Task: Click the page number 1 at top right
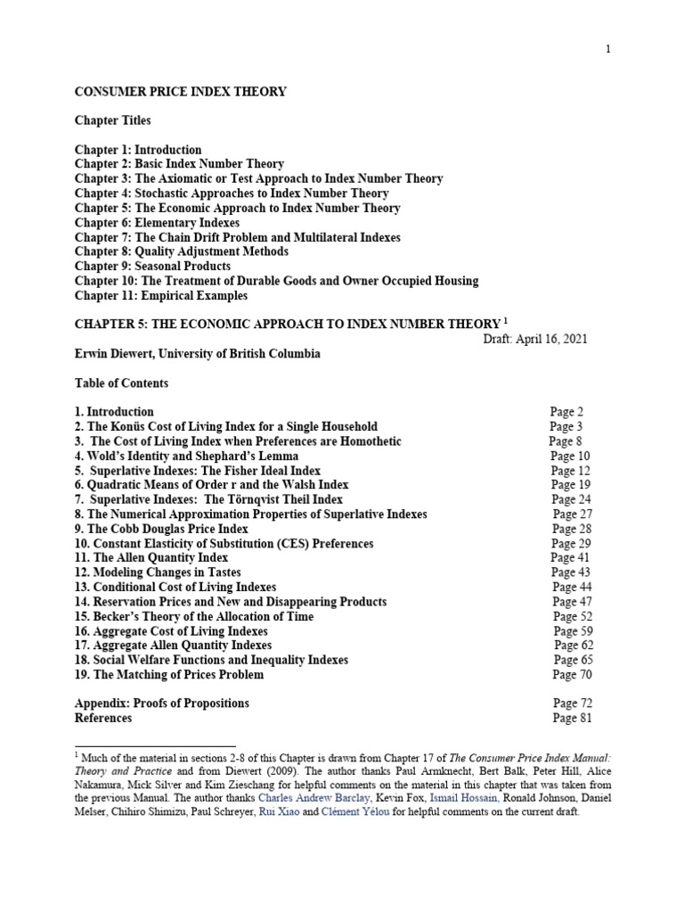coord(608,50)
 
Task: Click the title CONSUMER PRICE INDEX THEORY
coord(181,92)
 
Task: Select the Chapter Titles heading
coord(113,120)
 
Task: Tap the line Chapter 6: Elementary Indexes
coord(157,223)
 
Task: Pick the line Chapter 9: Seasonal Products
coord(152,267)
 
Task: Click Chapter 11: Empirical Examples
coord(161,295)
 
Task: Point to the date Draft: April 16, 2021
coord(533,339)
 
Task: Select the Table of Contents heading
coord(121,383)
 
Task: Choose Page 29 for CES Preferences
coord(568,544)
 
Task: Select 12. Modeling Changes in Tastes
coord(158,572)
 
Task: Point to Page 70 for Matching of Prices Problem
coord(571,675)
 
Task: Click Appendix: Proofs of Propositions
coord(162,703)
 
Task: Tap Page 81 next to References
coord(572,718)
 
